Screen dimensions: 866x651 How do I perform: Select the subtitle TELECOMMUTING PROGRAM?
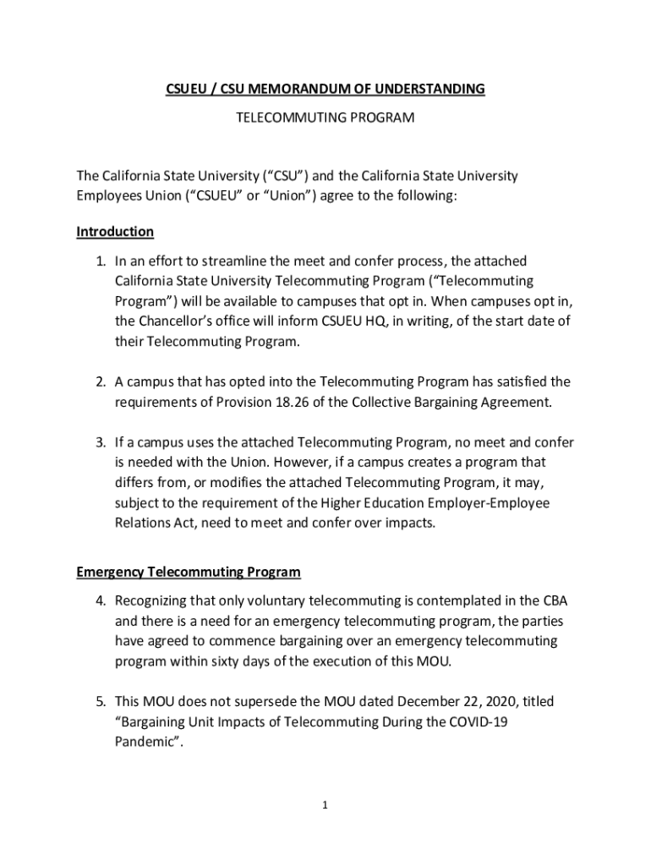pos(325,118)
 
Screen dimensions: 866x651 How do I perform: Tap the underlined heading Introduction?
pos(115,232)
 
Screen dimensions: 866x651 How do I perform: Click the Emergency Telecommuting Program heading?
pos(188,573)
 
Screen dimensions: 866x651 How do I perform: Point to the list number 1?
pos(99,262)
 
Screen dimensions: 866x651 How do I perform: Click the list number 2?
pos(99,382)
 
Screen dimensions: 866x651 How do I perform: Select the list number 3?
pos(99,442)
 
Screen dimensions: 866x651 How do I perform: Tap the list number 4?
pos(99,602)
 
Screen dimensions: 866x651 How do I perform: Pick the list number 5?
pos(99,702)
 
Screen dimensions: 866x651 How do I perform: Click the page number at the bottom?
pos(325,806)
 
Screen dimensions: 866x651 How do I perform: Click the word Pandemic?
pos(145,743)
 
